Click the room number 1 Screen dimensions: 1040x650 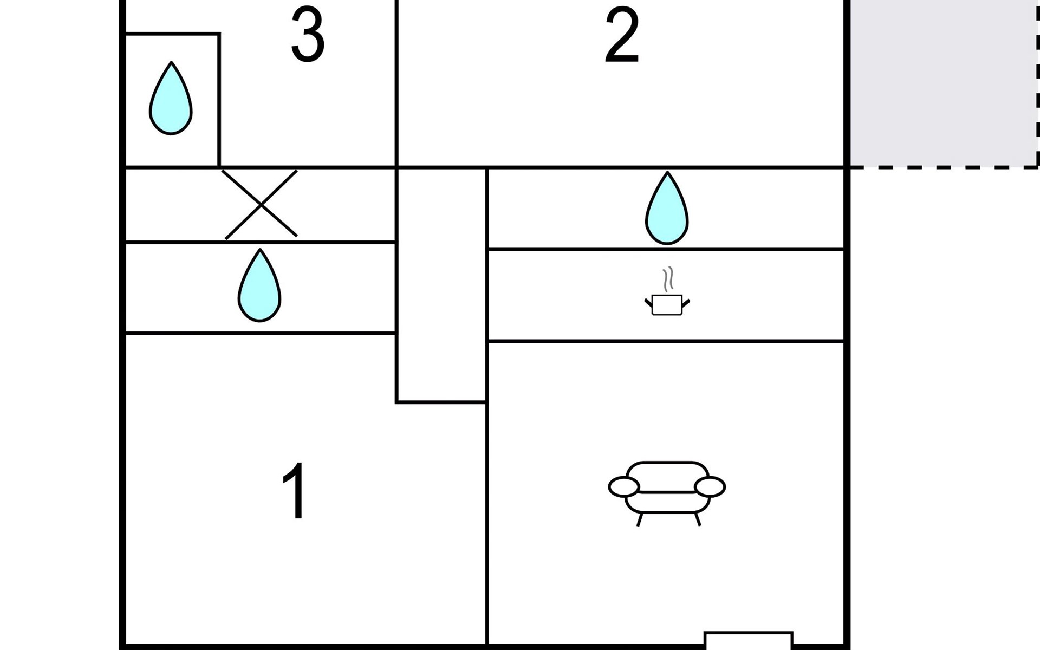pyautogui.click(x=294, y=491)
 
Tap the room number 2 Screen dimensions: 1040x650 pyautogui.click(x=622, y=36)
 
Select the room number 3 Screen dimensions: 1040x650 pyautogui.click(x=308, y=35)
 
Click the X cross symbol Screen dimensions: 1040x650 pyautogui.click(x=261, y=204)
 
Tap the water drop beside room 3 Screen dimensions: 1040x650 pyautogui.click(x=171, y=98)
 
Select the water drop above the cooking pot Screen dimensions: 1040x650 pyautogui.click(x=667, y=208)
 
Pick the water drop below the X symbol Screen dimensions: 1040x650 pyautogui.click(x=259, y=285)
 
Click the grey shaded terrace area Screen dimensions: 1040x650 pyautogui.click(x=943, y=83)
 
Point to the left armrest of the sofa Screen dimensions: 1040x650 pyautogui.click(x=623, y=486)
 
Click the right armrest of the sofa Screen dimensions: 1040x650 pyautogui.click(x=710, y=486)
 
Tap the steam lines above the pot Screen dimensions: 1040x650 pyautogui.click(x=668, y=279)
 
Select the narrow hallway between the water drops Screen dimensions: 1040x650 pyautogui.click(x=441, y=285)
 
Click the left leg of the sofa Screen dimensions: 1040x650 pyautogui.click(x=640, y=519)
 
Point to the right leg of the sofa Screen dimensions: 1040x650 pyautogui.click(x=698, y=519)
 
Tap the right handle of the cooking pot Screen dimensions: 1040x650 pyautogui.click(x=686, y=303)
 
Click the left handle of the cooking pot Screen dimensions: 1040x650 pyautogui.click(x=648, y=303)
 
